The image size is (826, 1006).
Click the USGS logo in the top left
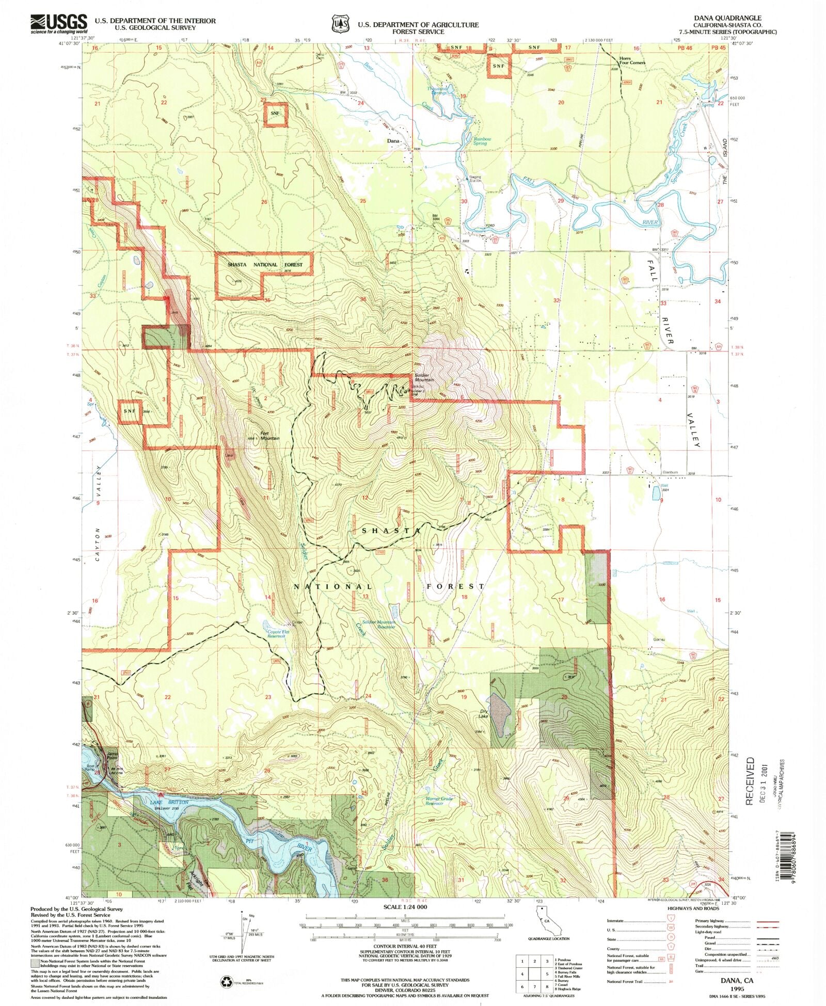(58, 24)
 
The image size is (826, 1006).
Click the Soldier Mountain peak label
(424, 377)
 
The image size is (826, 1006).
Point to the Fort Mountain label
(269, 436)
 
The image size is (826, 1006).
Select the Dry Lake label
(483, 714)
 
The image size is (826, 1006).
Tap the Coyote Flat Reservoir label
(276, 634)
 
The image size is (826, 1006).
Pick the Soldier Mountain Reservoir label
(378, 624)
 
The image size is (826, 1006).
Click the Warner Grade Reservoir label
(439, 801)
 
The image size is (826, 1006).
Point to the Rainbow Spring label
(482, 141)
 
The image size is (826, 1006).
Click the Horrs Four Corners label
(632, 60)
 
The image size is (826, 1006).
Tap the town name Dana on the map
(394, 140)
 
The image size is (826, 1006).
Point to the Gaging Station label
(475, 179)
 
